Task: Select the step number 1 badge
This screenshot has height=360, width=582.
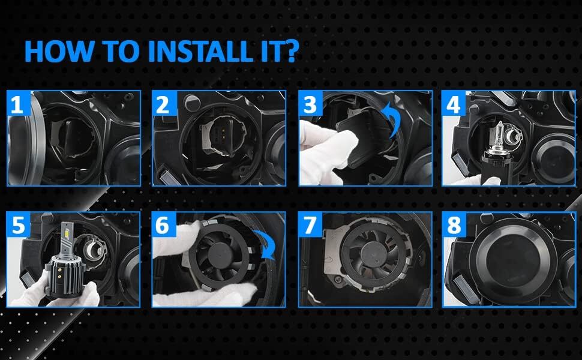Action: [x=17, y=105]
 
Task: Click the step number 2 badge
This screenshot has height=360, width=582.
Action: [x=162, y=105]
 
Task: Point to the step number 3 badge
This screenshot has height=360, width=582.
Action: [x=310, y=105]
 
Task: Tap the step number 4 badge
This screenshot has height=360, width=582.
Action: [x=453, y=105]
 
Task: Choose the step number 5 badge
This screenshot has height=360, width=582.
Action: [x=17, y=225]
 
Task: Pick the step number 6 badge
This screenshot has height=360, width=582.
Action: [x=162, y=225]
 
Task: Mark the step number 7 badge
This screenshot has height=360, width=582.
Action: [x=310, y=225]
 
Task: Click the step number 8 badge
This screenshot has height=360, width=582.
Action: [x=453, y=225]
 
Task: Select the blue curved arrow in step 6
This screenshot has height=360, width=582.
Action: [x=264, y=246]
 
